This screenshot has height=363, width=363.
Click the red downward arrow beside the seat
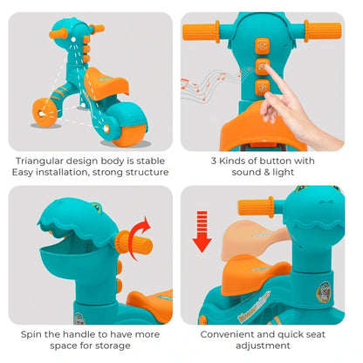(202, 232)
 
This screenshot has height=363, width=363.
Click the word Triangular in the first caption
(38, 161)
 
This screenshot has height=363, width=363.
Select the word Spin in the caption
(31, 334)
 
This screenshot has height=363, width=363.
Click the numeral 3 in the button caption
(214, 161)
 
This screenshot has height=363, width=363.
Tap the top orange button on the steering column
(263, 46)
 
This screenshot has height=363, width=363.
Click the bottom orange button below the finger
(262, 87)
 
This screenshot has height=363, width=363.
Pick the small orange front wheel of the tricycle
(45, 112)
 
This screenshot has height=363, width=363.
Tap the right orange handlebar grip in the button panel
(323, 31)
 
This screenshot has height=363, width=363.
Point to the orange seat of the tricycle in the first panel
(106, 83)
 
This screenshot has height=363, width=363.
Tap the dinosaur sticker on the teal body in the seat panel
(323, 291)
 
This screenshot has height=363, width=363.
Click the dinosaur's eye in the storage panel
(97, 207)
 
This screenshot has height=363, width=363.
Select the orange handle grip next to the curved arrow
(134, 244)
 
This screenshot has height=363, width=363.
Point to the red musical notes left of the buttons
(203, 83)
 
